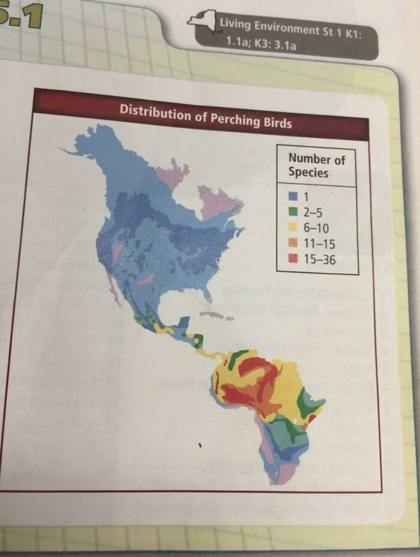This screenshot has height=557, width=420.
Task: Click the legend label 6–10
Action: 315,228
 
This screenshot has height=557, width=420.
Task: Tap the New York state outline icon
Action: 202,20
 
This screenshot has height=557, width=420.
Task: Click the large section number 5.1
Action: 22,15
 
